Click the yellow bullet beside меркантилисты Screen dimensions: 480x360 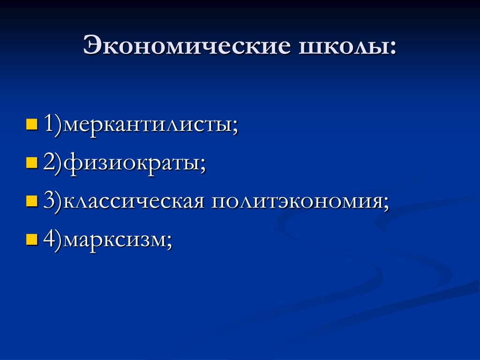pos(31,124)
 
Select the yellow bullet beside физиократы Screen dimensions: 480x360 pos(31,163)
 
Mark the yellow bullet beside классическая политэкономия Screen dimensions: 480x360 pos(31,201)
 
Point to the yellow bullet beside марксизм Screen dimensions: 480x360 pos(31,240)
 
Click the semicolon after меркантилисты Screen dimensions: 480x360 pos(235,127)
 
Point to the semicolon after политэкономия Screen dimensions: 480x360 pos(385,204)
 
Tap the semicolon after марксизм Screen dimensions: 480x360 pos(169,243)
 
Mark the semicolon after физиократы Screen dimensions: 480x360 pos(202,165)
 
